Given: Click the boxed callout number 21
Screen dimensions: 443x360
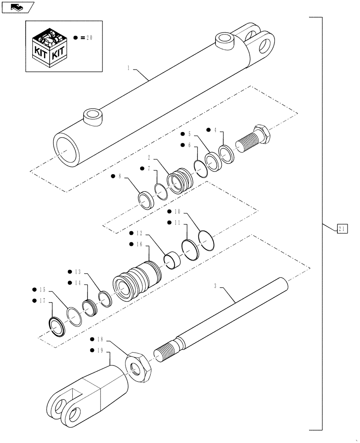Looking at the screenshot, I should coord(342,229).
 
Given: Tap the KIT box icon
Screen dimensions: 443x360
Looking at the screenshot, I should coord(50,46).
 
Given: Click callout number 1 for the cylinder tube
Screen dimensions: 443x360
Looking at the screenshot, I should coord(128,68).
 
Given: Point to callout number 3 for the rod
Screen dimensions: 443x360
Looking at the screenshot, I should coord(215,287).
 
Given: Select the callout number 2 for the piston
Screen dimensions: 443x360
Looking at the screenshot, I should coord(149,158).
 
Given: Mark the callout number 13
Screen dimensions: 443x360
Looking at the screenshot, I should coord(78,272).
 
